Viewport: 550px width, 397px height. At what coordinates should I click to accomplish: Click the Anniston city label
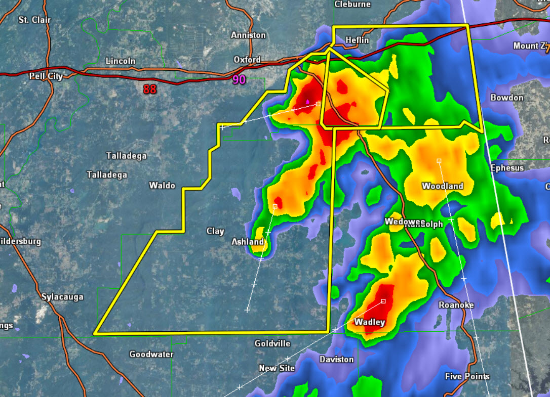[x=248, y=35]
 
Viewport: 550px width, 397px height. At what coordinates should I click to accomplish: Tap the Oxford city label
[x=247, y=60]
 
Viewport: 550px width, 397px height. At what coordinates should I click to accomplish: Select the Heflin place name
[x=357, y=40]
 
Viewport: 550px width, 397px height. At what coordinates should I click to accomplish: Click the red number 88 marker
[x=149, y=90]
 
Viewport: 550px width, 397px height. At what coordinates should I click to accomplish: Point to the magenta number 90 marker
[x=239, y=80]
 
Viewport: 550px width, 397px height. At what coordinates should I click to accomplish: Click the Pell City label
[x=46, y=76]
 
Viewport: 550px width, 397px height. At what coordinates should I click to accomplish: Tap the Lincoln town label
[x=121, y=61]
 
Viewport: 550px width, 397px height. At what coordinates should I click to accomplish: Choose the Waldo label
[x=162, y=186]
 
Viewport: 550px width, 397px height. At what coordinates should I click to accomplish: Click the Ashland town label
[x=248, y=242]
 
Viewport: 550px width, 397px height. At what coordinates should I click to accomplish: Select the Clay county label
[x=215, y=231]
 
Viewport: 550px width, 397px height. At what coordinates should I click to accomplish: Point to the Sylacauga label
[x=62, y=297]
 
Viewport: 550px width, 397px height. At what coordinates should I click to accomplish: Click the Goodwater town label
[x=151, y=354]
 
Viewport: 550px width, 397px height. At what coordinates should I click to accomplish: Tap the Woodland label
[x=443, y=186]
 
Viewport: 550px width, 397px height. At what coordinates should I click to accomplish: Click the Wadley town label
[x=370, y=322]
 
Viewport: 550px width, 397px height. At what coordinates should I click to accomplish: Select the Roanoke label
[x=456, y=305]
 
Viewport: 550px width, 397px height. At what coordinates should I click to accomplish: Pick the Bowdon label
[x=507, y=97]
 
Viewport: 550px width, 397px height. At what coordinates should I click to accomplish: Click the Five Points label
[x=467, y=376]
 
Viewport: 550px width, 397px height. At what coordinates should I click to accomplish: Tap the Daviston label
[x=337, y=359]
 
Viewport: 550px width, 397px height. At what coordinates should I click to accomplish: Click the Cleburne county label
[x=353, y=4]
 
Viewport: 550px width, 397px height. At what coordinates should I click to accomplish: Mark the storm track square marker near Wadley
[x=383, y=301]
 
